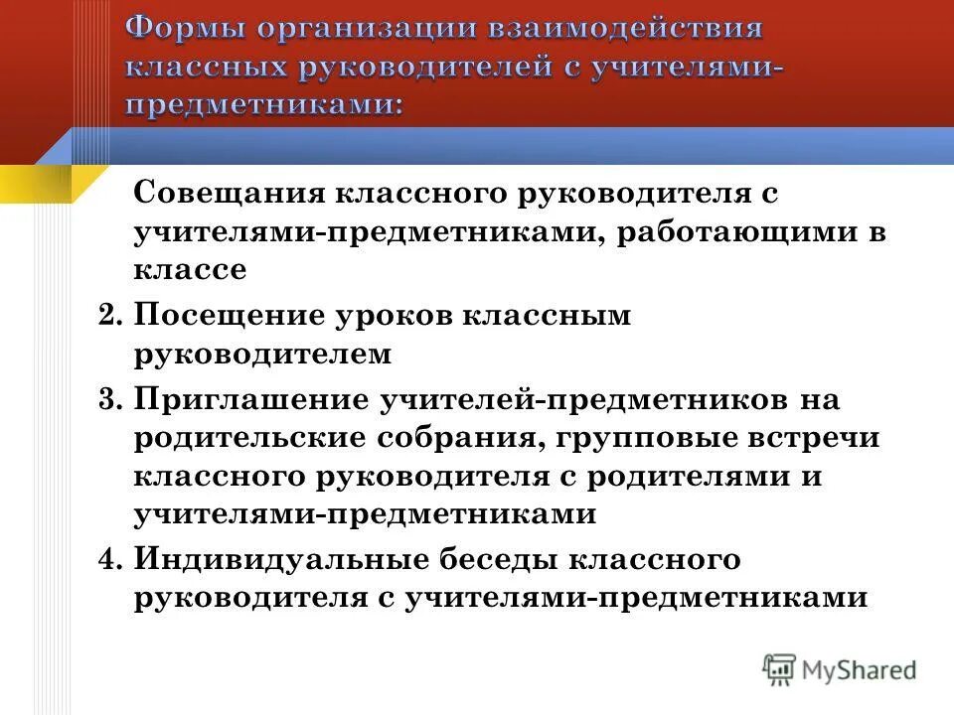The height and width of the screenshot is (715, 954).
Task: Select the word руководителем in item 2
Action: coord(262,355)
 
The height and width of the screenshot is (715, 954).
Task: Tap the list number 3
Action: coord(110,399)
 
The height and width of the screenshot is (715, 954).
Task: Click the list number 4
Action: coord(110,559)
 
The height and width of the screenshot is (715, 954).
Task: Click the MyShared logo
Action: coord(839,669)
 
